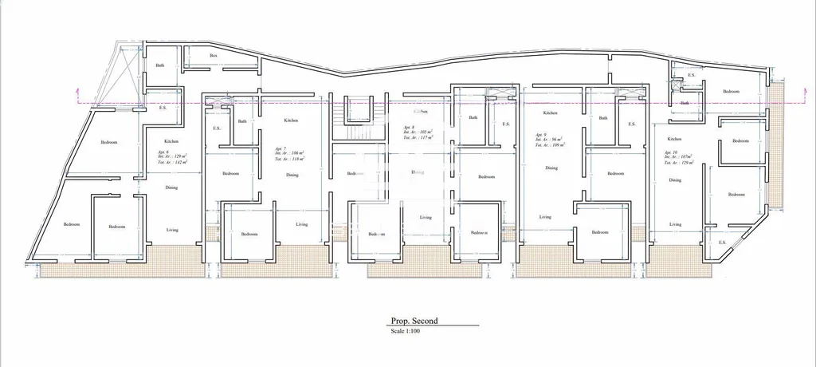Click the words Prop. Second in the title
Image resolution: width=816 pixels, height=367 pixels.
tap(414, 321)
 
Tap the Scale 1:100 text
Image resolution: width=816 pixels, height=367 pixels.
tap(405, 330)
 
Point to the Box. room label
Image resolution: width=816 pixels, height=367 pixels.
tap(214, 56)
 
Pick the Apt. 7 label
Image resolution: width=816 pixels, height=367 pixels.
tap(280, 148)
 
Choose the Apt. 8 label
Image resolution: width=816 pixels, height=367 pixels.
tap(409, 128)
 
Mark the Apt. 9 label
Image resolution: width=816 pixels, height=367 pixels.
tap(541, 134)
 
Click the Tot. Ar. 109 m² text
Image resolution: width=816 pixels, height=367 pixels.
tap(550, 145)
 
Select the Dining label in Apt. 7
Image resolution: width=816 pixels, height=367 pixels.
tap(293, 175)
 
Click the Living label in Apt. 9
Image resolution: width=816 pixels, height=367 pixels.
tap(545, 217)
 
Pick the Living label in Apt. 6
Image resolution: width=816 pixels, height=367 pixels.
tap(172, 230)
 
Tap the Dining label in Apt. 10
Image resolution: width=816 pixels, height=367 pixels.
tap(675, 180)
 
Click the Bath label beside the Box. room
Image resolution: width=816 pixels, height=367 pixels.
tap(160, 65)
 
